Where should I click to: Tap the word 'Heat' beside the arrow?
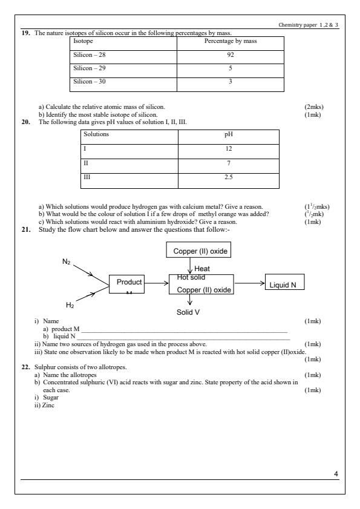click(x=203, y=268)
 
